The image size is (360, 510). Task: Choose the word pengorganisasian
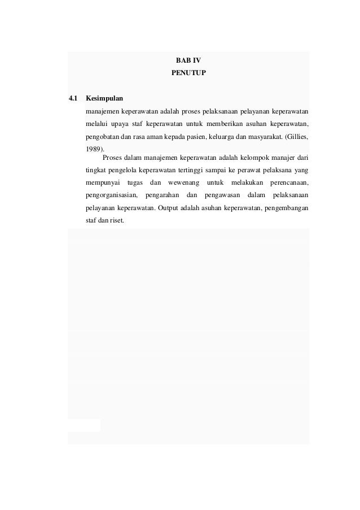[111, 196]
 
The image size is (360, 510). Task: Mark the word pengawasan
[219, 196]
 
